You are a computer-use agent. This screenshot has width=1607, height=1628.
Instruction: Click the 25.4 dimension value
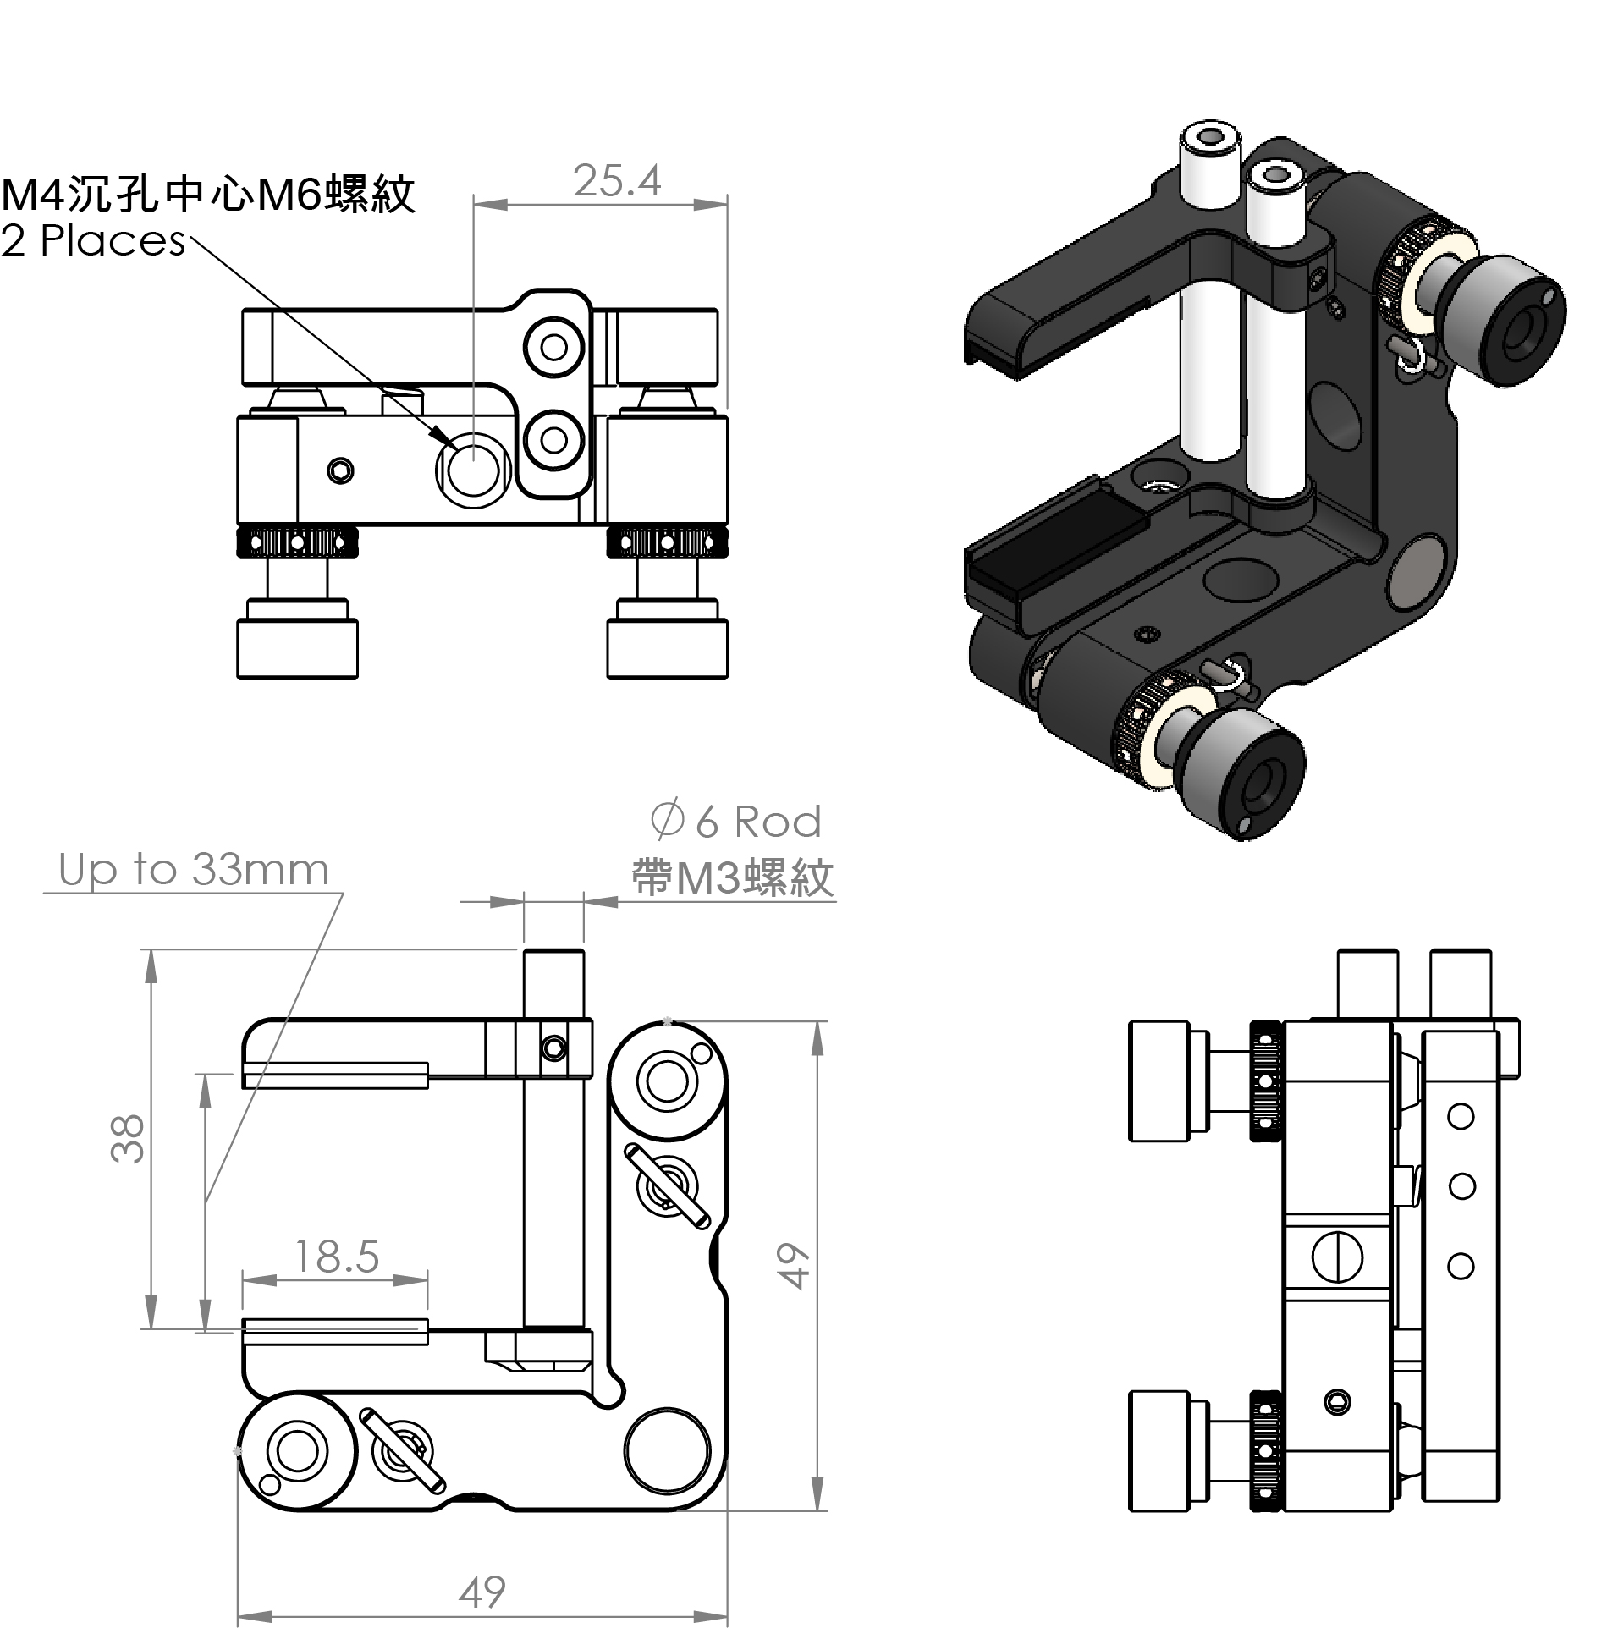616,180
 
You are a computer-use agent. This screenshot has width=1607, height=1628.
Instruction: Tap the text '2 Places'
93,241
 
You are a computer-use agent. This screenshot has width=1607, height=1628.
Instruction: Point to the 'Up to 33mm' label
194,870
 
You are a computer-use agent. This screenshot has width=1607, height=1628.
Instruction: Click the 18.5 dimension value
336,1257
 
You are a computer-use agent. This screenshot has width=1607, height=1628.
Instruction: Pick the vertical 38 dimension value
128,1138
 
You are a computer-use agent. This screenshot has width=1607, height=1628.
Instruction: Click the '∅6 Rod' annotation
735,821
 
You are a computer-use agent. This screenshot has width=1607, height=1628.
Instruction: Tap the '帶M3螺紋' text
733,877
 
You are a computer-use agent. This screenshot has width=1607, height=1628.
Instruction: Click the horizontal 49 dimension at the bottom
482,1592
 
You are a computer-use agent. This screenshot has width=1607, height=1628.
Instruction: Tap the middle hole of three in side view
1461,1185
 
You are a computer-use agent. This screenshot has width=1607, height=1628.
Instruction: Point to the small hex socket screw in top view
340,470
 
